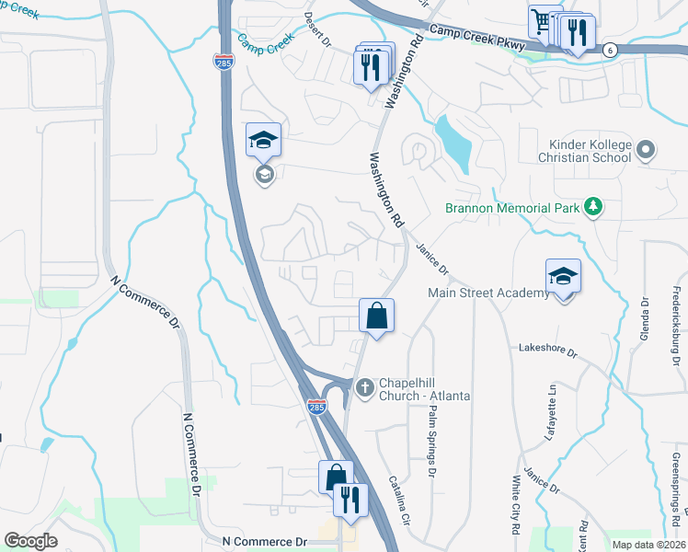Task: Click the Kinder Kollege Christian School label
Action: pos(590,151)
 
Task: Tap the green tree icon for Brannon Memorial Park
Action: pos(594,208)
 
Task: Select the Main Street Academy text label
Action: pos(488,293)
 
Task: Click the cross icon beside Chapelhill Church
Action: pos(364,387)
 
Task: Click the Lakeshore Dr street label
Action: pos(546,351)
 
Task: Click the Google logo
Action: pos(30,540)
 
